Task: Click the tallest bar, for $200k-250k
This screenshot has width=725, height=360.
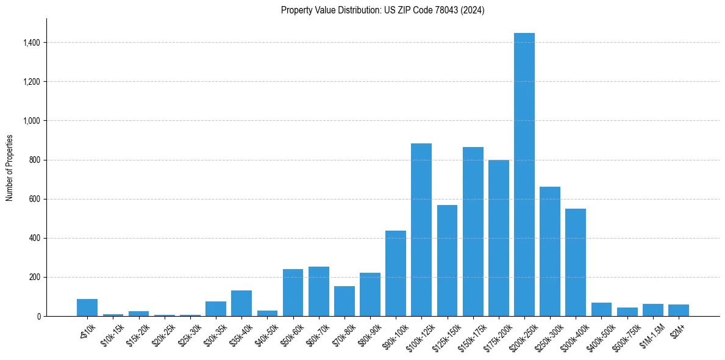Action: (524, 175)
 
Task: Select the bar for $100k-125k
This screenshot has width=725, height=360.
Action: (421, 230)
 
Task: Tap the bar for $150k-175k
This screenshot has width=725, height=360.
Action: (473, 232)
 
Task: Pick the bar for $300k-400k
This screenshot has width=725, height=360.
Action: (576, 262)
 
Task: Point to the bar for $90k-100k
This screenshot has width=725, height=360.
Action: (395, 273)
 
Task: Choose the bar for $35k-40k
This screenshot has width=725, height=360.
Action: (241, 303)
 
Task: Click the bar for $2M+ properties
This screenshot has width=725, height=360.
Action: (678, 311)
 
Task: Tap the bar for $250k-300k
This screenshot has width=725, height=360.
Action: (550, 251)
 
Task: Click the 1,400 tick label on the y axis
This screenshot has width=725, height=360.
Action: (32, 43)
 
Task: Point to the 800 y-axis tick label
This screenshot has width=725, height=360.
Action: (35, 160)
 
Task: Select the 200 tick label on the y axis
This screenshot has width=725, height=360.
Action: (35, 277)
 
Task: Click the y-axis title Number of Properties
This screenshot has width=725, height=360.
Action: (9, 167)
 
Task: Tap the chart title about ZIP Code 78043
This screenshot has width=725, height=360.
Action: (382, 10)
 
